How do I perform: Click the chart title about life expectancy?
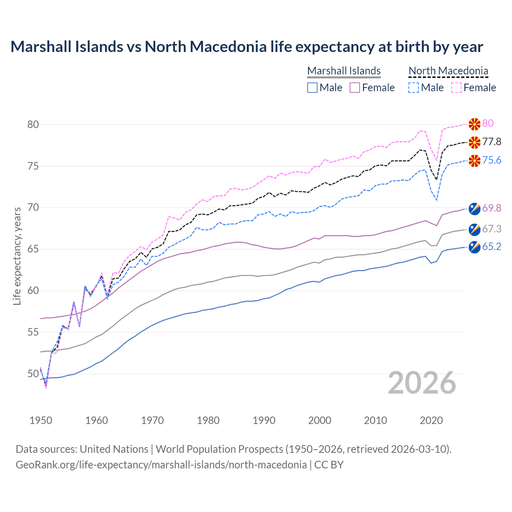246,47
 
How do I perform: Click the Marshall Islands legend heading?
344,71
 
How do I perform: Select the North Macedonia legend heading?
448,71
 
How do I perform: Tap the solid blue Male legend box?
312,88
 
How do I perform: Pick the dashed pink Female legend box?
456,88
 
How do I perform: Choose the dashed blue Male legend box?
414,88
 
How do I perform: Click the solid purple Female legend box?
355,88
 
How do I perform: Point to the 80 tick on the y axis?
33,124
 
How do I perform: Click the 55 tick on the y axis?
33,332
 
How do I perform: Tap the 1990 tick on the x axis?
264,420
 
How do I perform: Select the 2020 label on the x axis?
431,420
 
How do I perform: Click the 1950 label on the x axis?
41,420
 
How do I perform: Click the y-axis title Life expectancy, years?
17,256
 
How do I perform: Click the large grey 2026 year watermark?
422,383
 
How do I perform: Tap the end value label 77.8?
492,142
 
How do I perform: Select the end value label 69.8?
492,208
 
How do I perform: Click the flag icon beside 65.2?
474,247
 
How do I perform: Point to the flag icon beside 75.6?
474,161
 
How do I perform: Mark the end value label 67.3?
492,229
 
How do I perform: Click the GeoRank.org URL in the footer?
161,465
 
